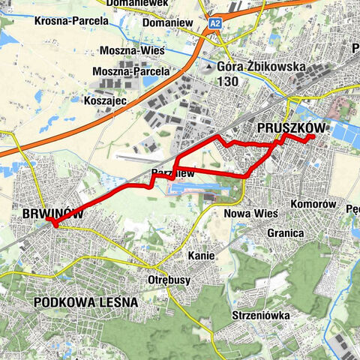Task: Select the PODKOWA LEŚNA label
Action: pyautogui.click(x=85, y=302)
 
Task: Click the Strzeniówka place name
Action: pyautogui.click(x=261, y=316)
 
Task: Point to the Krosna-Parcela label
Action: pyautogui.click(x=71, y=20)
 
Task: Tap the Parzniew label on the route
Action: pyautogui.click(x=173, y=174)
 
